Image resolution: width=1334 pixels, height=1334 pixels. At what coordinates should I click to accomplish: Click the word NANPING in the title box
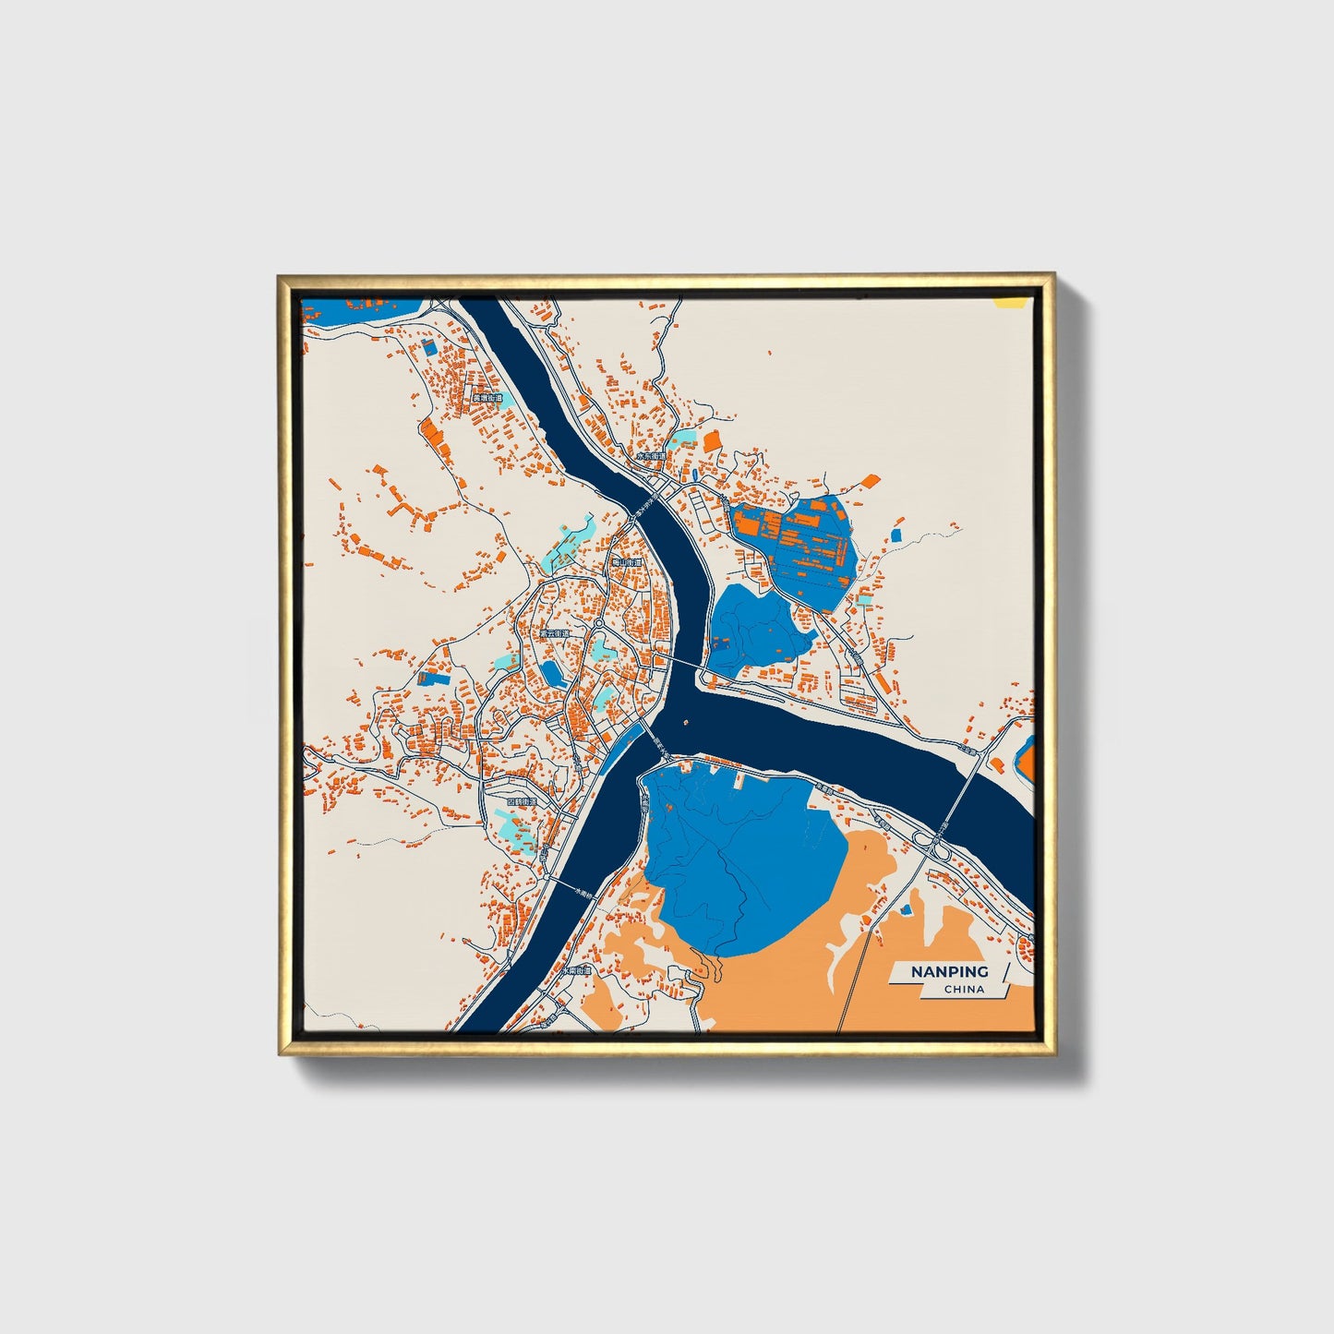coord(949,971)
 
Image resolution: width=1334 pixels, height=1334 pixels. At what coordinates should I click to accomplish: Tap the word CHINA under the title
coord(964,990)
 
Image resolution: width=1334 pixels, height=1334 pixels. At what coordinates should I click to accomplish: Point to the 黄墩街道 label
coord(487,398)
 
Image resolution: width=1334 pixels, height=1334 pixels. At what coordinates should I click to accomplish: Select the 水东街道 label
coord(650,456)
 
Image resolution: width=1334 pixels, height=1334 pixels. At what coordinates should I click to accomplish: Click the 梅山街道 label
coord(627,561)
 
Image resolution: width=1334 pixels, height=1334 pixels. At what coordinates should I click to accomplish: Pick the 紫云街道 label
coord(556,634)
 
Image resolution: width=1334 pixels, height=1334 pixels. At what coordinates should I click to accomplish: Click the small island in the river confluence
coord(687,723)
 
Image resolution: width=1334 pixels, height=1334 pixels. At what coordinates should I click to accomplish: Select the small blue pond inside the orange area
coord(907,910)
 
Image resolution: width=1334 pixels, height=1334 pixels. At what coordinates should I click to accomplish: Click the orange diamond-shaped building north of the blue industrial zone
coord(871,480)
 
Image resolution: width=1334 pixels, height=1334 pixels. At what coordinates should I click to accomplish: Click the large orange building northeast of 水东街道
coord(712,441)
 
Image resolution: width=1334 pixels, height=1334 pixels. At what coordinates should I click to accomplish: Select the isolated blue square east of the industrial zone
coord(895,535)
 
